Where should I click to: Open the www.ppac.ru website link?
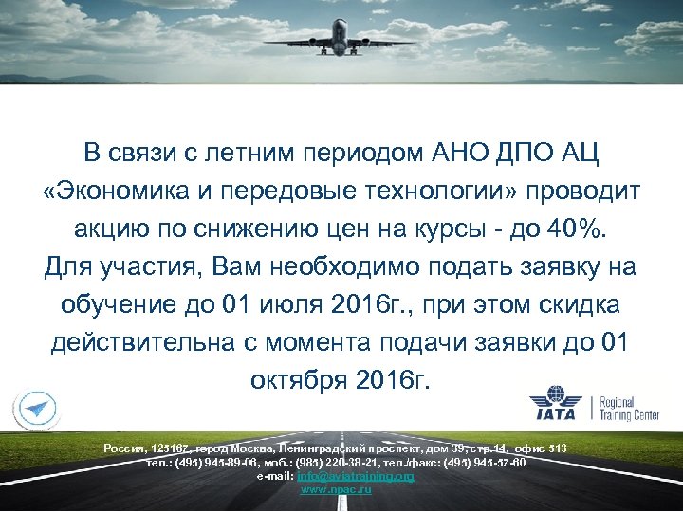[336, 489]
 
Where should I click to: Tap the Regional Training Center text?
[635, 409]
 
